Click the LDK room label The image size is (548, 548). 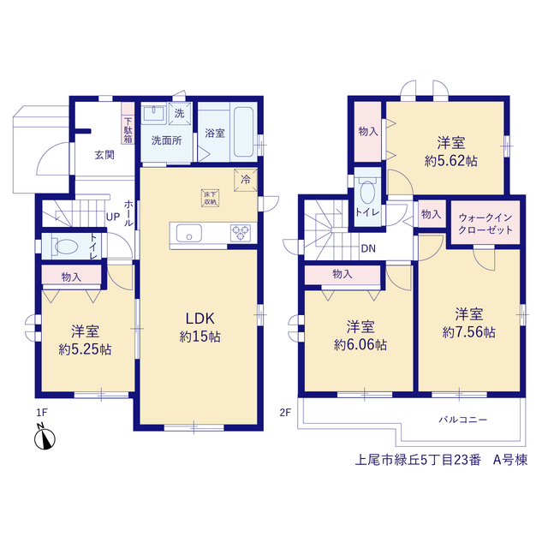[200, 319]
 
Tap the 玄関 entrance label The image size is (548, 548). [104, 154]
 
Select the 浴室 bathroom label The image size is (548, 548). [215, 133]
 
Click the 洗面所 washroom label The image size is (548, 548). [166, 140]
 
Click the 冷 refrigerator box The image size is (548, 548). [246, 180]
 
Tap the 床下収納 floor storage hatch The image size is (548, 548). [210, 198]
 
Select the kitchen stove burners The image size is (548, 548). [241, 233]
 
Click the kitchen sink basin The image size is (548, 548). [188, 233]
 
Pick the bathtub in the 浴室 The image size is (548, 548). [243, 132]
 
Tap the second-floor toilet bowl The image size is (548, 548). [367, 191]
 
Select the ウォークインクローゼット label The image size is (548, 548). [485, 223]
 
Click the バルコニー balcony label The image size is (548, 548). [462, 420]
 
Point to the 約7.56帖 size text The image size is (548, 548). [468, 332]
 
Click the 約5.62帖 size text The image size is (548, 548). [451, 161]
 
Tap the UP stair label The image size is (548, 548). [113, 217]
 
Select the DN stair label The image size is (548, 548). [368, 248]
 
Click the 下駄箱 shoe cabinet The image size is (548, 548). [128, 123]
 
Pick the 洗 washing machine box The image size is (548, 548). [180, 113]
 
